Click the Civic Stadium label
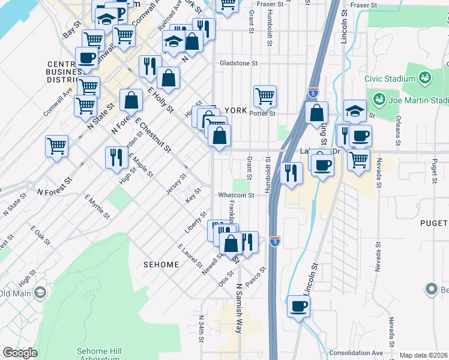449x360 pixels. (390, 79)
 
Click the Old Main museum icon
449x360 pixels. (40, 293)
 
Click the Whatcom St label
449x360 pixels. (236, 195)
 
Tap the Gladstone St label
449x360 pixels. (238, 62)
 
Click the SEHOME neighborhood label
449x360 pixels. (161, 265)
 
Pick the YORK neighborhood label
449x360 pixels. (236, 110)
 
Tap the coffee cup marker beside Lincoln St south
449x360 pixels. (298, 307)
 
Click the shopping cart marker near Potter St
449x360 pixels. (265, 96)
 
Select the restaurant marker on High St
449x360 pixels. (116, 158)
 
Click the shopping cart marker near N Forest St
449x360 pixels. (56, 146)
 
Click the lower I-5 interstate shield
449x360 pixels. (274, 240)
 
